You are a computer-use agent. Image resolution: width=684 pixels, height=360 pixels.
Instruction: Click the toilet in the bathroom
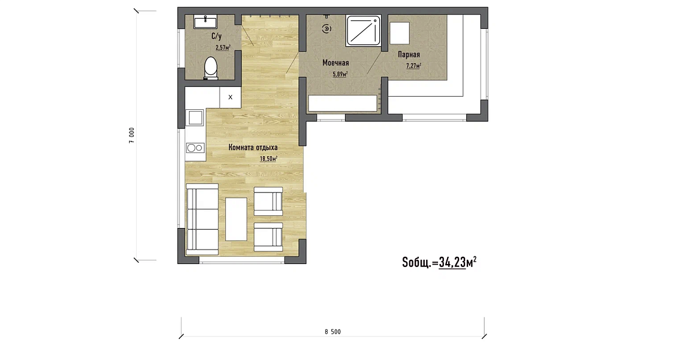tap(211, 68)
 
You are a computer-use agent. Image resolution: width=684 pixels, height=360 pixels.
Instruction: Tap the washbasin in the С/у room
tap(205, 22)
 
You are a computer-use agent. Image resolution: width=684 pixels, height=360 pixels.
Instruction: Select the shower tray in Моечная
tap(363, 31)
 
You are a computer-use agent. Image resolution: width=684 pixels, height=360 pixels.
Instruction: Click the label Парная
tap(409, 55)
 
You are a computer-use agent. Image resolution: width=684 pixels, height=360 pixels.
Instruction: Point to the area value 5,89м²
tap(340, 74)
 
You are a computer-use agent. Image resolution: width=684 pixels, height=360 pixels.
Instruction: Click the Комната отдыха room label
tap(253, 148)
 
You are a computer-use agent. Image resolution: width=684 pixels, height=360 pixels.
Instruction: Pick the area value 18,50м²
tap(268, 158)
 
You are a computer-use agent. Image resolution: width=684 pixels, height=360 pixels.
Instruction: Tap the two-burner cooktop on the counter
tap(195, 148)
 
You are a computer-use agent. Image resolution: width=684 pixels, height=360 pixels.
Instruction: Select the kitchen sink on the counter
tap(194, 118)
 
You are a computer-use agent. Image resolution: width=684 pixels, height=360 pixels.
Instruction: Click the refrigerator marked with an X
tap(230, 97)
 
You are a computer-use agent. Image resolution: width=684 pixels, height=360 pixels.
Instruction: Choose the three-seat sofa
tap(202, 219)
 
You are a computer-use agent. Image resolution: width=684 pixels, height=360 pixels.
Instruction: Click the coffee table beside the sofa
tap(236, 219)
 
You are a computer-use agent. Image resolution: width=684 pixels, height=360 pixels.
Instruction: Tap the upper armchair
tap(268, 201)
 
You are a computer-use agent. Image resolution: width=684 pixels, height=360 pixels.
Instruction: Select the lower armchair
tap(268, 237)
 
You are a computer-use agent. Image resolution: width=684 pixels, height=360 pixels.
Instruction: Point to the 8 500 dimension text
tap(332, 332)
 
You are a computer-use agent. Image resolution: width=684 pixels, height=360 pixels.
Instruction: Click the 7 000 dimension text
tap(132, 135)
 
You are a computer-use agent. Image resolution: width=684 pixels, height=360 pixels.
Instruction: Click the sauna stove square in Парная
tap(399, 33)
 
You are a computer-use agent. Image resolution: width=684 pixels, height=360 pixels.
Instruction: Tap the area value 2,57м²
tap(223, 47)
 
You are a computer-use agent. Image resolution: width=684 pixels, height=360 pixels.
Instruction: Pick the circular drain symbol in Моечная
tap(326, 29)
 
